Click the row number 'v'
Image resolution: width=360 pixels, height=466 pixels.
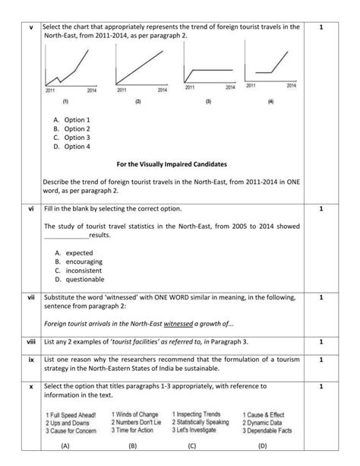[x=30, y=27]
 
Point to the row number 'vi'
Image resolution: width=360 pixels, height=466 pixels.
[x=30, y=208]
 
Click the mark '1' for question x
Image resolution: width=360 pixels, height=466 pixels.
[x=321, y=387]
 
